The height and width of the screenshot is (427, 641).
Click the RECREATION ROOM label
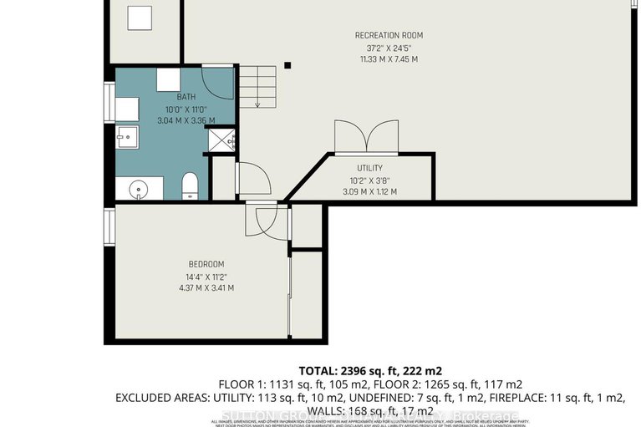tap(389, 35)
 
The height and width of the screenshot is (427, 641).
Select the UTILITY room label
tap(369, 168)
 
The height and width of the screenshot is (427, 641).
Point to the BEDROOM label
tap(184, 264)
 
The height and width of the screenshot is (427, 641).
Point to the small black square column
tap(287, 64)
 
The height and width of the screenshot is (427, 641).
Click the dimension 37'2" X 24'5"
tap(389, 48)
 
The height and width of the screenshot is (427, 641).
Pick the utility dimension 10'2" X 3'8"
tap(369, 180)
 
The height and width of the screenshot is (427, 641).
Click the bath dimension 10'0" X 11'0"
tap(186, 109)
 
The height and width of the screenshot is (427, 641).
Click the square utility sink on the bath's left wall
tap(127, 136)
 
